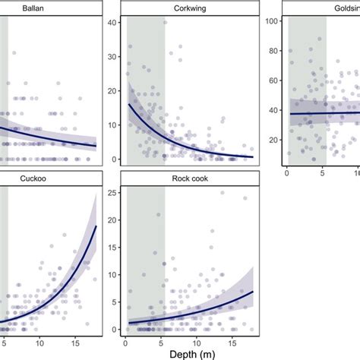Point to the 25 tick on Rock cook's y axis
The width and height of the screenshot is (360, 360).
(113, 192)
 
